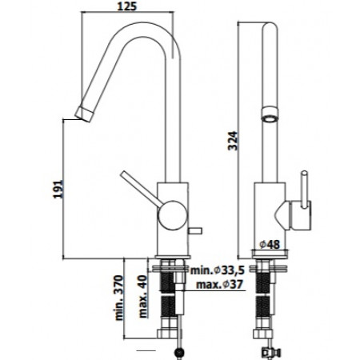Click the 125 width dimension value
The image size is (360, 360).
(127, 6)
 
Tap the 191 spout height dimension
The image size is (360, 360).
(58, 190)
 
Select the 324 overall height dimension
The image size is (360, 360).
(233, 141)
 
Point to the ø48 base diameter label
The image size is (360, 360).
(270, 244)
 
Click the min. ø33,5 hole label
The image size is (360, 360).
(217, 270)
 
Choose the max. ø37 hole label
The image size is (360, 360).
(220, 285)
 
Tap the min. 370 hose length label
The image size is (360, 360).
(119, 298)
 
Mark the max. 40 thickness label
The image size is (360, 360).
(143, 297)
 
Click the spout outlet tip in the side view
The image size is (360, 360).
(84, 114)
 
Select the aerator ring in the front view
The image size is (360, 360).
(270, 114)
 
